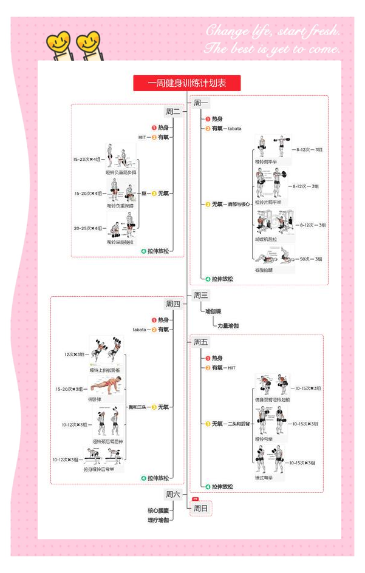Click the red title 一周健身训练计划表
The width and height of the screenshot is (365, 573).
tap(186, 83)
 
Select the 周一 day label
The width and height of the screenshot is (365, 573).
tap(200, 103)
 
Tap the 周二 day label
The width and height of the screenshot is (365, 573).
tap(173, 111)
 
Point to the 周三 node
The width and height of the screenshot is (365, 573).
tap(200, 296)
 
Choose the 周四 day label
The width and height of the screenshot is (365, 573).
tap(173, 304)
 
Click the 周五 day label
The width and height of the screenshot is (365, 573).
tap(200, 342)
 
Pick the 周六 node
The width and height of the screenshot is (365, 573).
tap(173, 495)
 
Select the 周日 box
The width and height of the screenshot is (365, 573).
tap(201, 508)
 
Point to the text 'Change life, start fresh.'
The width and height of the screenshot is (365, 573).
tap(272, 31)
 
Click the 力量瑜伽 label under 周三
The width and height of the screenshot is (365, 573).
tap(228, 326)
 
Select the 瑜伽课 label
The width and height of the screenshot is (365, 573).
tap(213, 311)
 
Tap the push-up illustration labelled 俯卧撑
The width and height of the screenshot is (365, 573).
tap(107, 384)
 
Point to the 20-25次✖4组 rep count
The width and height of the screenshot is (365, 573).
tap(87, 228)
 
